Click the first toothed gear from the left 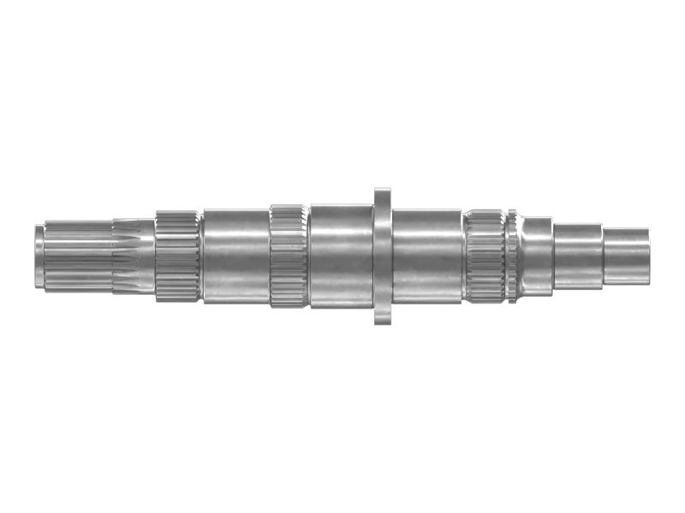(x=177, y=256)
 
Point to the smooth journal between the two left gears (x=235, y=256)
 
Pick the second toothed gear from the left (x=289, y=256)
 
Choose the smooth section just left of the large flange (x=341, y=256)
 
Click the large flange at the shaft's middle (x=383, y=256)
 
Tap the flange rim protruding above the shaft (x=383, y=195)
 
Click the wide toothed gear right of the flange (x=484, y=256)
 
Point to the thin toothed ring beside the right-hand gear (x=511, y=256)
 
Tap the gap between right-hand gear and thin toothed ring (x=504, y=256)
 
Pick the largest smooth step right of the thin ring (x=537, y=256)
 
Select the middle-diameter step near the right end (x=578, y=256)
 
